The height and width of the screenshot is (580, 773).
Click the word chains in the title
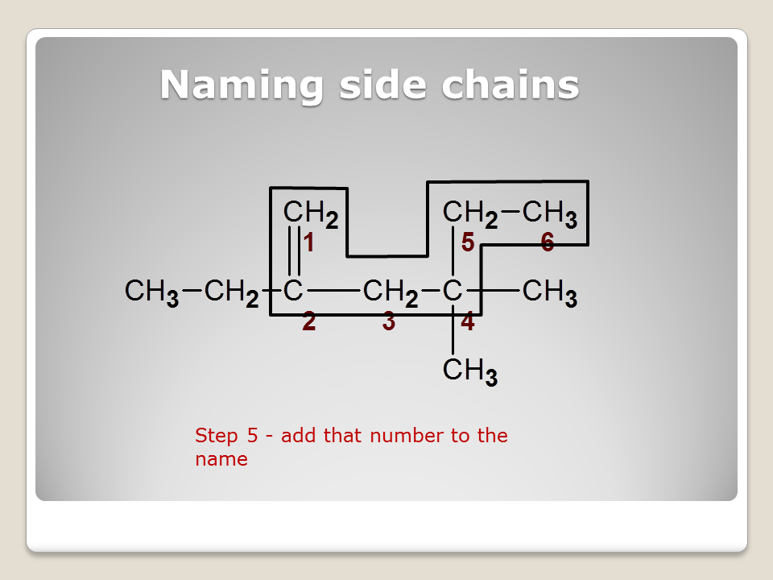(511, 85)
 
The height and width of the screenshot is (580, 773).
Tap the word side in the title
(382, 85)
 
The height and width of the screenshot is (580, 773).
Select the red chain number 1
(309, 242)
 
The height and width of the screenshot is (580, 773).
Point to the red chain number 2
(309, 321)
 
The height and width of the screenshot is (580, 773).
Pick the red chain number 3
(389, 321)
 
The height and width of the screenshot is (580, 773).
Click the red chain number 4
(468, 321)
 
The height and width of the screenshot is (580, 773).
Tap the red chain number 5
(468, 242)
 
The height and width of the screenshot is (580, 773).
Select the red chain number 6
(548, 242)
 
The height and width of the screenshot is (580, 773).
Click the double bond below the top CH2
(294, 251)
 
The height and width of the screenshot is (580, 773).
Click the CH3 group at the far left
(152, 292)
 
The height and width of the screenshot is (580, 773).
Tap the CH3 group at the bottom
(470, 371)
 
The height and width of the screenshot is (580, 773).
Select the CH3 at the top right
(550, 213)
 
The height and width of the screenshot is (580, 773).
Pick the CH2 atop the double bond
(311, 213)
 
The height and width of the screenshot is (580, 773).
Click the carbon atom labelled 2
(293, 291)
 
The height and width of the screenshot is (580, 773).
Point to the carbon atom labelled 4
(453, 291)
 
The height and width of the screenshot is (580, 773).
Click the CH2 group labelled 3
(391, 292)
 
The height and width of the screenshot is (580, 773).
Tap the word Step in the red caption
(217, 437)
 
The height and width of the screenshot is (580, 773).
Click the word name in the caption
(221, 459)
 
